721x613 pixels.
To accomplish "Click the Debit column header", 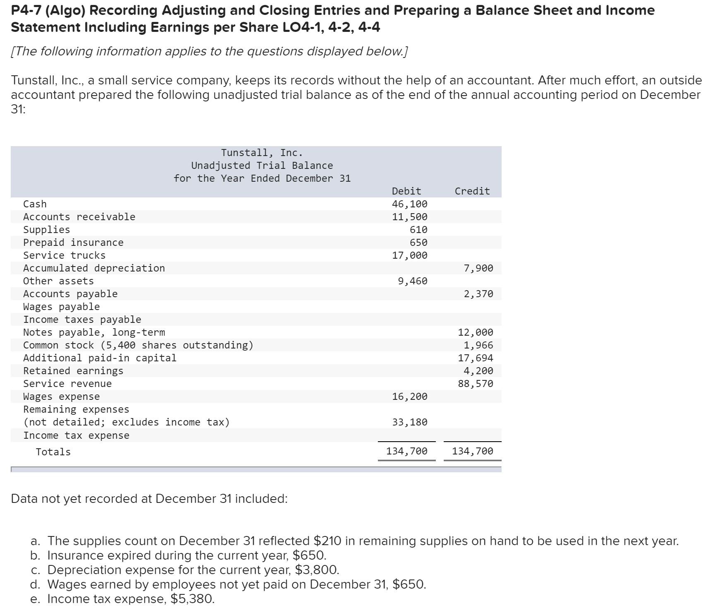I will (406, 191).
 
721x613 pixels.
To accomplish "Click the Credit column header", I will (472, 191).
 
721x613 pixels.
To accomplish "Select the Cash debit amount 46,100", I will (409, 204).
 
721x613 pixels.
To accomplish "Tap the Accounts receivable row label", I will (79, 217).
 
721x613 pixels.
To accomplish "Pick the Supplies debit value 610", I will (418, 230).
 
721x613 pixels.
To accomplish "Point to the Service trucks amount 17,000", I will (409, 255).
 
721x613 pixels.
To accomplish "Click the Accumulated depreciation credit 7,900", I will (478, 268).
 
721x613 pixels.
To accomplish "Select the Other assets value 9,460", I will (412, 281).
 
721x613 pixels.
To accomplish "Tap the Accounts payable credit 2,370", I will (478, 294).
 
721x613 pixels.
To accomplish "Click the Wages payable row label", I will (61, 307).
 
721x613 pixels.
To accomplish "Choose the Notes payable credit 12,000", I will (475, 332).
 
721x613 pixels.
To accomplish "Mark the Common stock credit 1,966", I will (478, 345).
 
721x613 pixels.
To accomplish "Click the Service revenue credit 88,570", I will (475, 384).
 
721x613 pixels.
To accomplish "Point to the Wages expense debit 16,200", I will (409, 397).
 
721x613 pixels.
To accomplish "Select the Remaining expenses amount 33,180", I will (409, 422).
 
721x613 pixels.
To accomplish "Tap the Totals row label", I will (53, 452).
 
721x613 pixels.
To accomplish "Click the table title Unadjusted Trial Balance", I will (262, 166).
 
